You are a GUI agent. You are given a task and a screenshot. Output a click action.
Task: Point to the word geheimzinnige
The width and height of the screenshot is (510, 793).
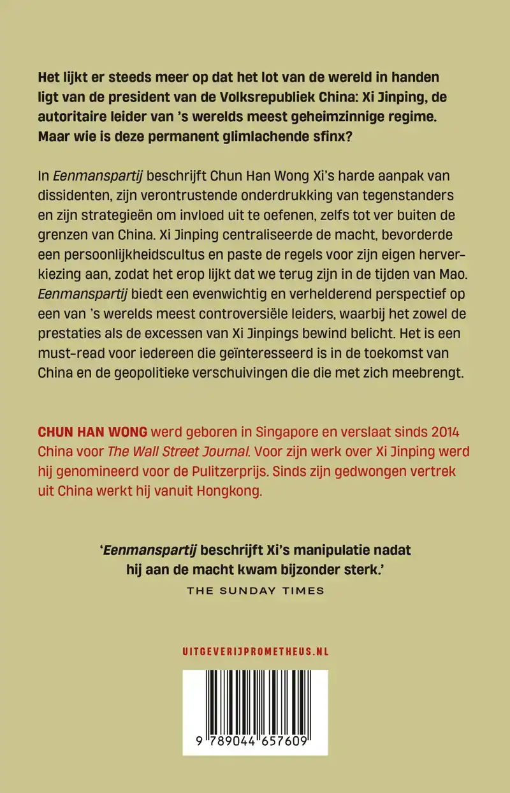(335, 119)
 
